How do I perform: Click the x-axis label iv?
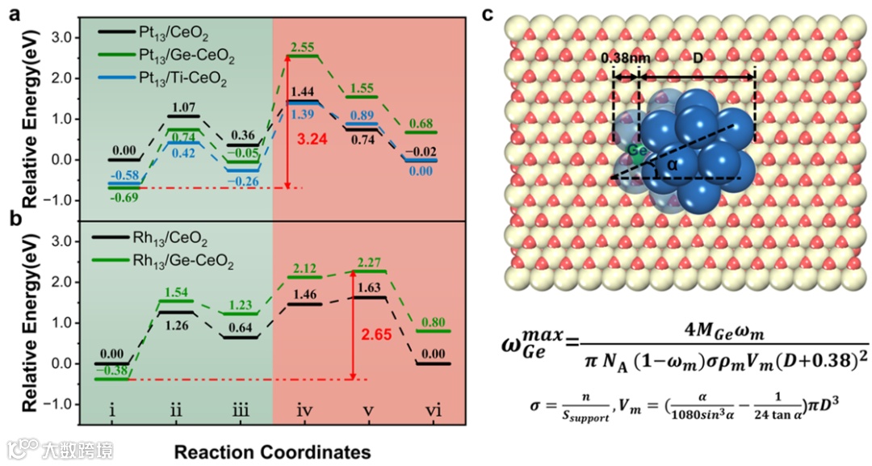304,411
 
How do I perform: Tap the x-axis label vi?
434,411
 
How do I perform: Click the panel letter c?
486,14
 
